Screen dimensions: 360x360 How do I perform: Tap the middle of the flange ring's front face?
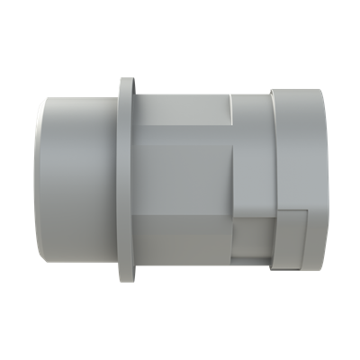[x=125, y=180]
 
